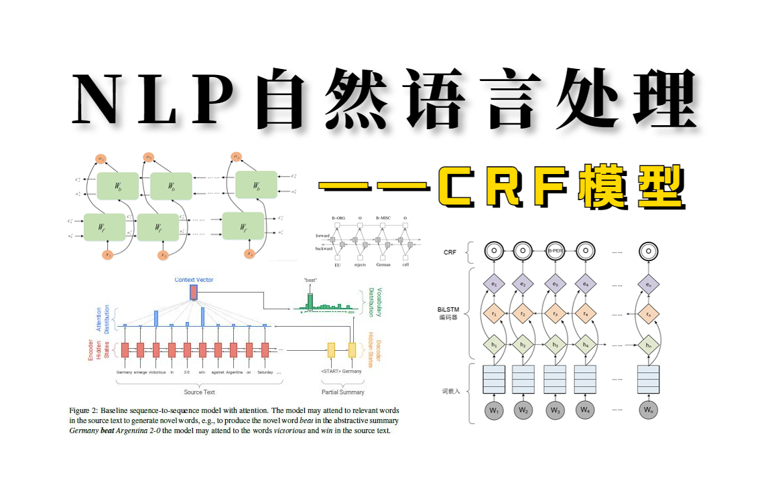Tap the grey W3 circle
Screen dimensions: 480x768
coord(554,409)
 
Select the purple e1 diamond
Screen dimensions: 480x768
coord(493,285)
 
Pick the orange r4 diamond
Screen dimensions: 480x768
coord(585,313)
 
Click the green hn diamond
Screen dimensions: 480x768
coord(647,344)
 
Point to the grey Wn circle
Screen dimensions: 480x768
coord(647,409)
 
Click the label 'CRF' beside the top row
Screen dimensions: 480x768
coord(450,252)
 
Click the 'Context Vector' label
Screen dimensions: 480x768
coord(194,279)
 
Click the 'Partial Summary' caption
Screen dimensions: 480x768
coord(342,392)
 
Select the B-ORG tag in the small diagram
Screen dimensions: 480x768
coord(342,218)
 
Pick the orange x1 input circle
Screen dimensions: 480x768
coord(107,254)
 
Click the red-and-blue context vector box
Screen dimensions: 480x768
coord(194,292)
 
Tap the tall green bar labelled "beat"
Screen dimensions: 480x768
coord(310,301)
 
